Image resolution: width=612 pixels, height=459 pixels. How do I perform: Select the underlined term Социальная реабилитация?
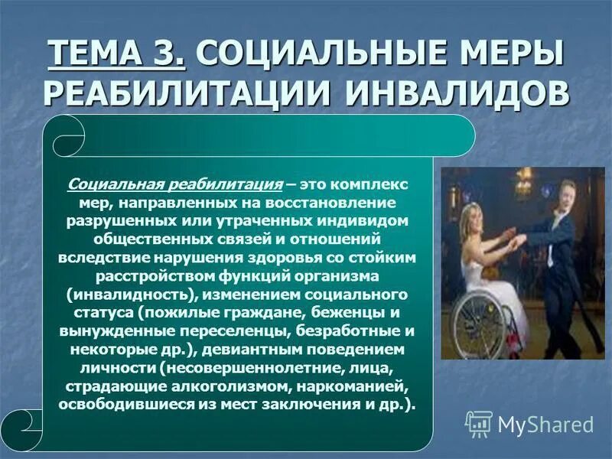coord(175,184)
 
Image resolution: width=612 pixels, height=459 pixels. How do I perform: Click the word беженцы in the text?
coord(366,312)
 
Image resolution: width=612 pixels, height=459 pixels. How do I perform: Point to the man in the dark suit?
coord(566,252)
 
